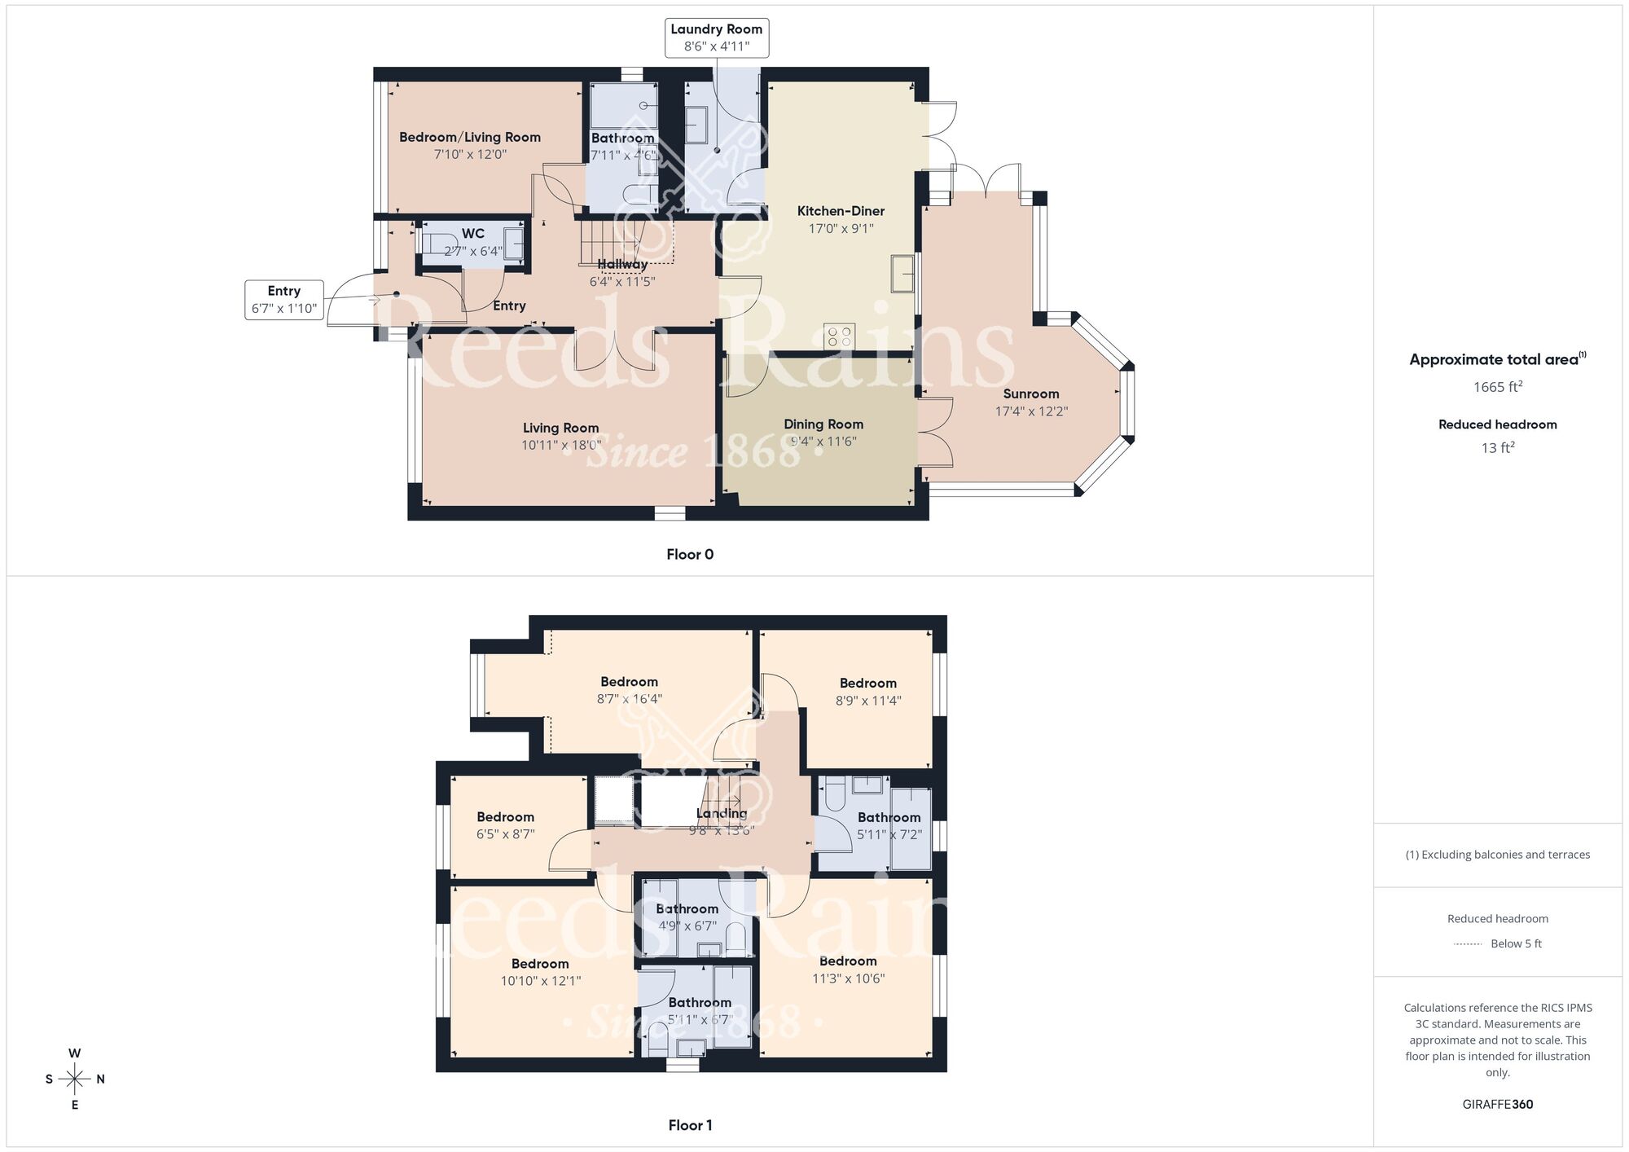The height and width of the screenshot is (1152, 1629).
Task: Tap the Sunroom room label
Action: (1030, 394)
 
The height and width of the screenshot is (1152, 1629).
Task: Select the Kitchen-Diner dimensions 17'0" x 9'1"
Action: (841, 229)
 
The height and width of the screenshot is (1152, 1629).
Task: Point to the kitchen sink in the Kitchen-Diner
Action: (902, 273)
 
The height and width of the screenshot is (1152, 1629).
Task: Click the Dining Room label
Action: (823, 424)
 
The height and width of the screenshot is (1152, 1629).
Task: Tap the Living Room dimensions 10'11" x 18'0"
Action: (561, 446)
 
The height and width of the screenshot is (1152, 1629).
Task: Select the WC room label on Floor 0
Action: (472, 234)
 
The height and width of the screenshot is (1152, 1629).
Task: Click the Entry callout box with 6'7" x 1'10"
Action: (283, 300)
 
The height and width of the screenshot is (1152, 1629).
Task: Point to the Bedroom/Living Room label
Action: (469, 138)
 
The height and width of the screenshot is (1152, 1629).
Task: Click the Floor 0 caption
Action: (689, 555)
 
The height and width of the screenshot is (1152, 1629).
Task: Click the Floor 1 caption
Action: (689, 1125)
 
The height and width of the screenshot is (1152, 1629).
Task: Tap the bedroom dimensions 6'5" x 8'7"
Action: (505, 834)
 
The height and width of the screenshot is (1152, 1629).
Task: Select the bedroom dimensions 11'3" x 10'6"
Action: (848, 978)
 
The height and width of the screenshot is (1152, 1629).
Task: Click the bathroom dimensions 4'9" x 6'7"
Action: (687, 926)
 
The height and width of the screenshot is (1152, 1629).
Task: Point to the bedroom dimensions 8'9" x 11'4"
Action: (867, 701)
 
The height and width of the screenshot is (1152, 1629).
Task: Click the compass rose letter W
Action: (74, 1053)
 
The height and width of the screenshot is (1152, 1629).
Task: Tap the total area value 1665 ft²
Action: (1497, 387)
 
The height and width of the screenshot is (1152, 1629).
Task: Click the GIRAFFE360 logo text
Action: (1497, 1105)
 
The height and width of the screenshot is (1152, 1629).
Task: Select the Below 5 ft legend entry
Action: (1515, 943)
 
